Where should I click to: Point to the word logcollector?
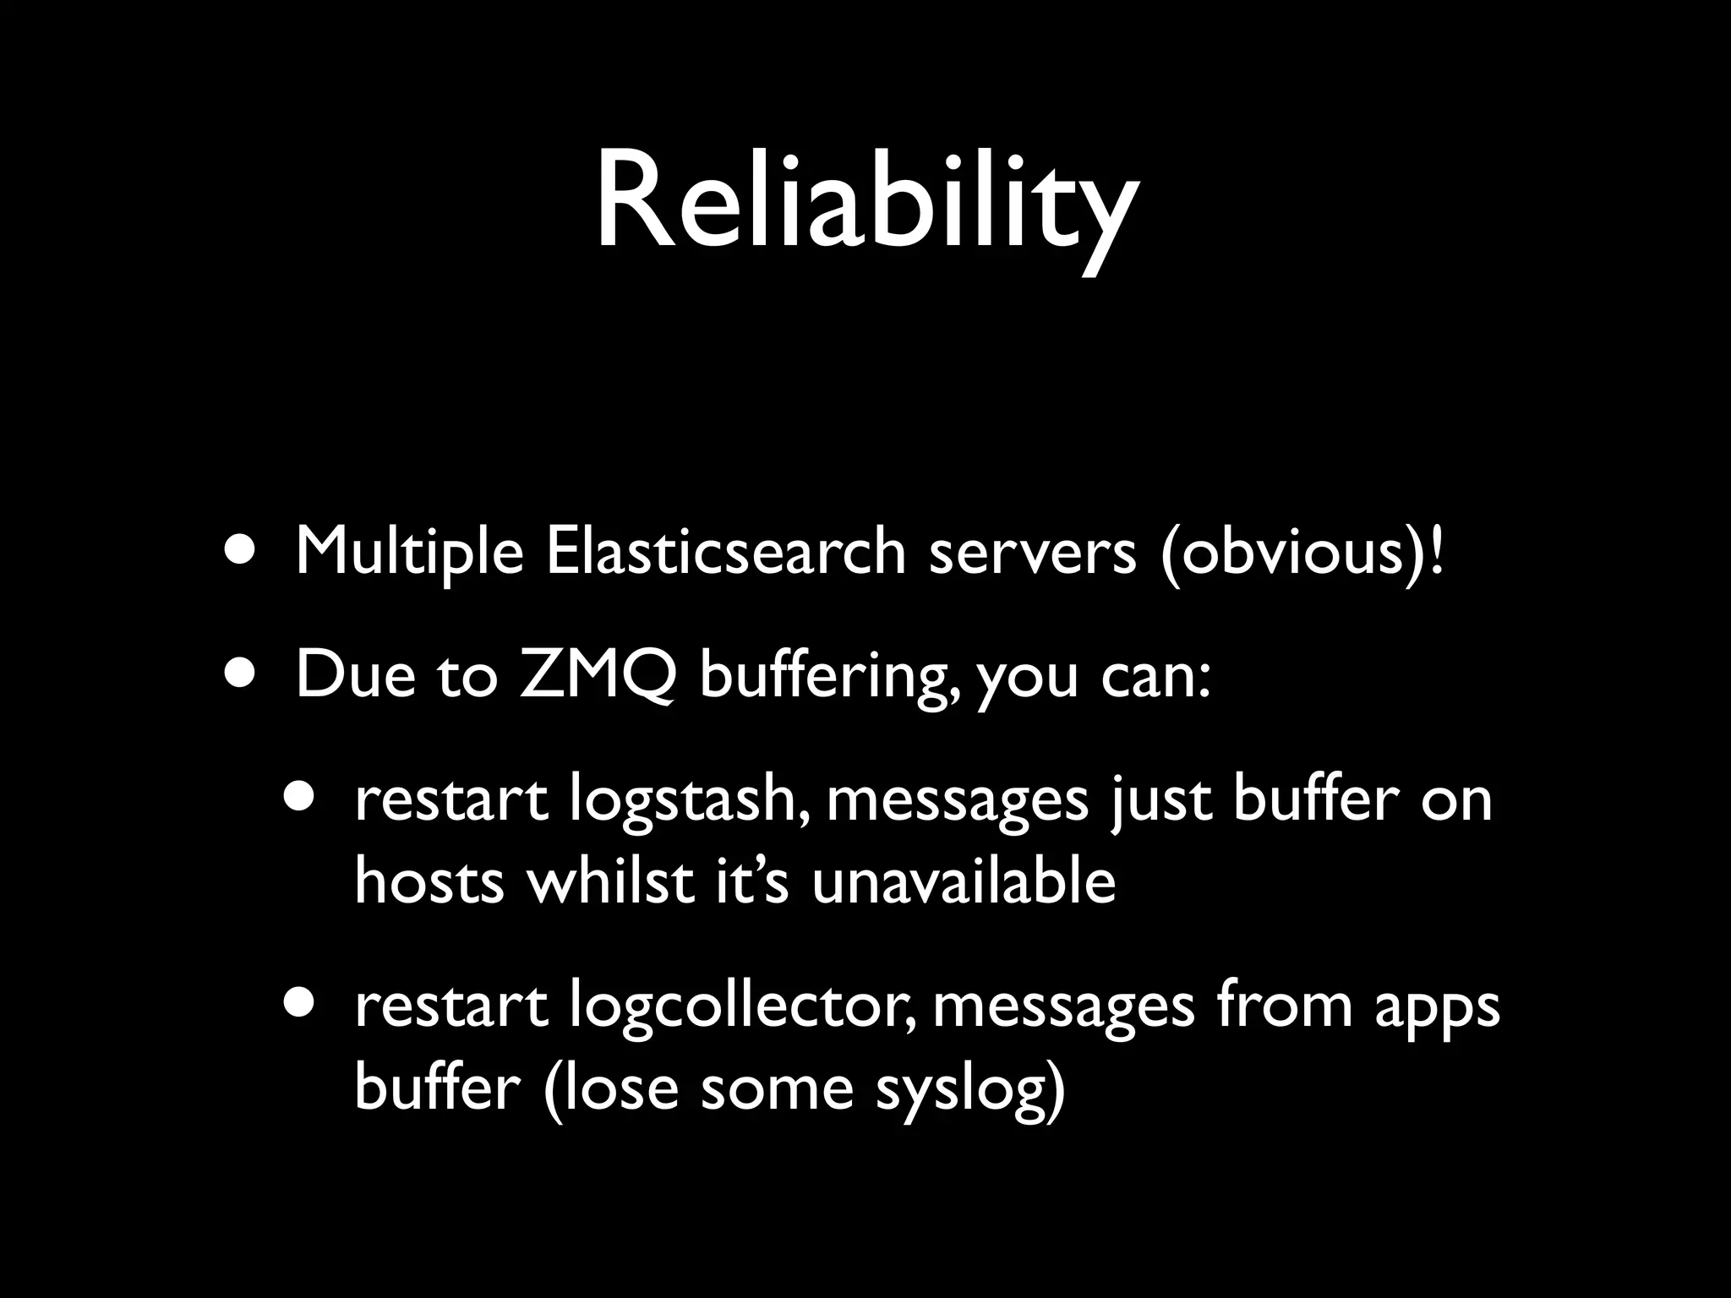pos(743,1007)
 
